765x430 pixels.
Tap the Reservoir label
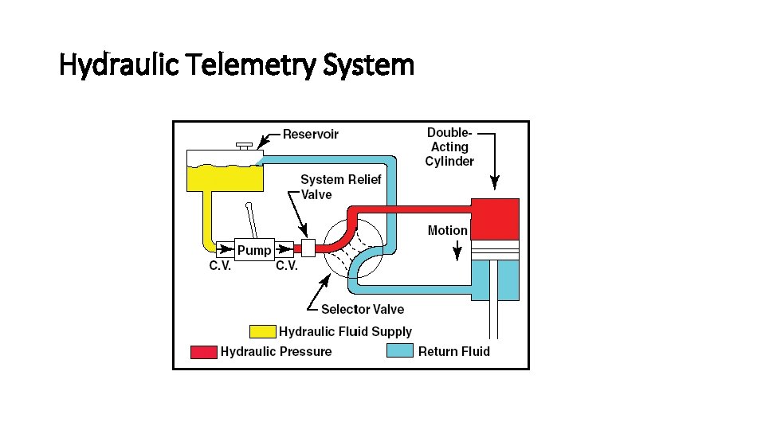coord(310,134)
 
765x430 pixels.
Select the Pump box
coord(255,250)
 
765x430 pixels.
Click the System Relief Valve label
coord(340,187)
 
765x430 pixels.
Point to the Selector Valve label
coord(362,309)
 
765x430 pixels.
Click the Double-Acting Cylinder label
coord(449,147)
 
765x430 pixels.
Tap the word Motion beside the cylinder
coord(448,230)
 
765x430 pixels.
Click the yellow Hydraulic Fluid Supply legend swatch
coord(262,331)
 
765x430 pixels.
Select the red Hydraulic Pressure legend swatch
coord(203,351)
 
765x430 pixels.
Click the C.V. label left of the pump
coord(221,267)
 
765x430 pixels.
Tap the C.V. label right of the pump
coord(287,267)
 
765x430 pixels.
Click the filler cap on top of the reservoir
coord(245,146)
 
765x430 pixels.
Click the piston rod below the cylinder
coord(495,319)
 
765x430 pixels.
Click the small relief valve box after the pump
coord(309,248)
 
